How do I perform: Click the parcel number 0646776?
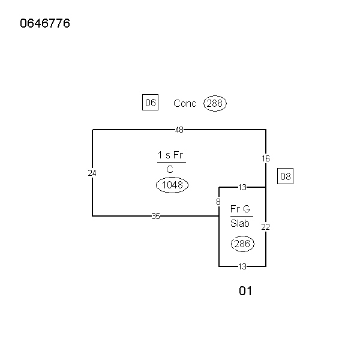(x=45, y=24)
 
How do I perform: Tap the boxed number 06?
(x=150, y=103)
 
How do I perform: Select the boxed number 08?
(x=285, y=176)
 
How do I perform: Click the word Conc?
(x=185, y=103)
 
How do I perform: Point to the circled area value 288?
(x=215, y=103)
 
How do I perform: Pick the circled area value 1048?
(x=172, y=185)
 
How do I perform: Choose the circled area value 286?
(x=242, y=244)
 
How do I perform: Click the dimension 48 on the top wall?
(x=179, y=130)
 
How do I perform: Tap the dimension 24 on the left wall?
(x=92, y=173)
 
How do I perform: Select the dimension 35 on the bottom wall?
(x=155, y=216)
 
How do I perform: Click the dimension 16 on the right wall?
(x=266, y=158)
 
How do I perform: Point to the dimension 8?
(x=218, y=202)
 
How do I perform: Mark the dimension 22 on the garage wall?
(x=266, y=227)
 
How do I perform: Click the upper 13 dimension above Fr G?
(x=242, y=187)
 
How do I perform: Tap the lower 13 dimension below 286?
(x=242, y=266)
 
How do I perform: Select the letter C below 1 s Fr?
(x=170, y=169)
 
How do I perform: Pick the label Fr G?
(x=240, y=209)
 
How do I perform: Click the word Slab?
(x=240, y=223)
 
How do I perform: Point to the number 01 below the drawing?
(x=245, y=291)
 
